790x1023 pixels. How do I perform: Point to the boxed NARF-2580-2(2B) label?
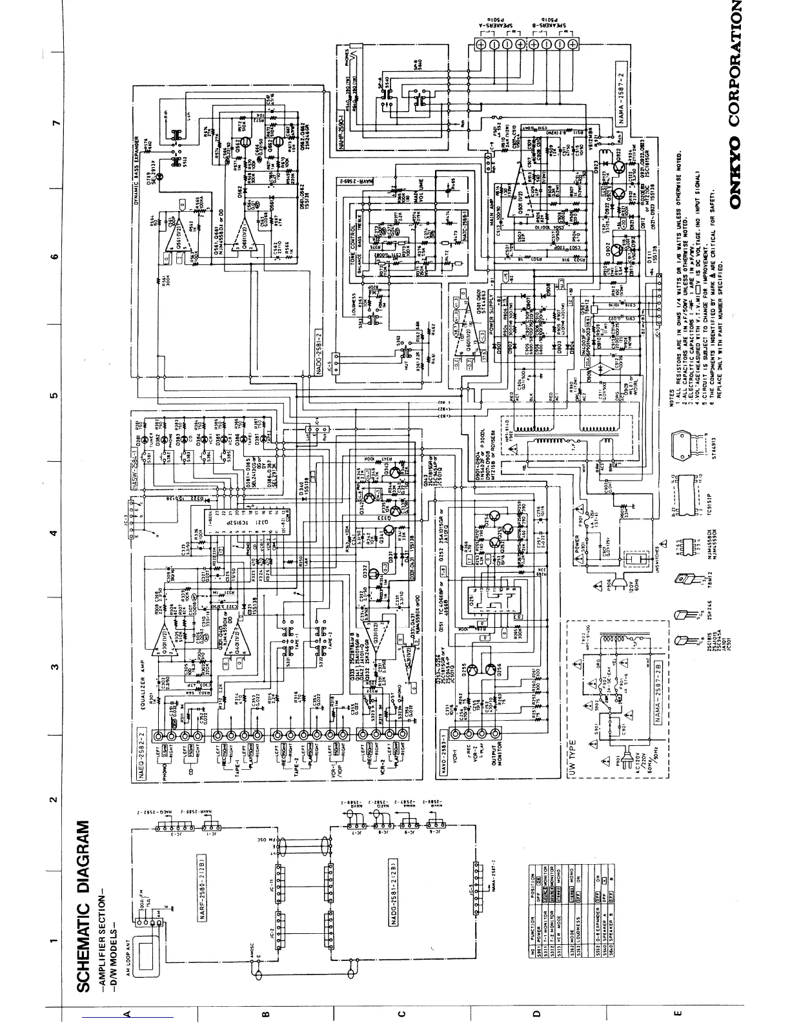pos(201,892)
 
